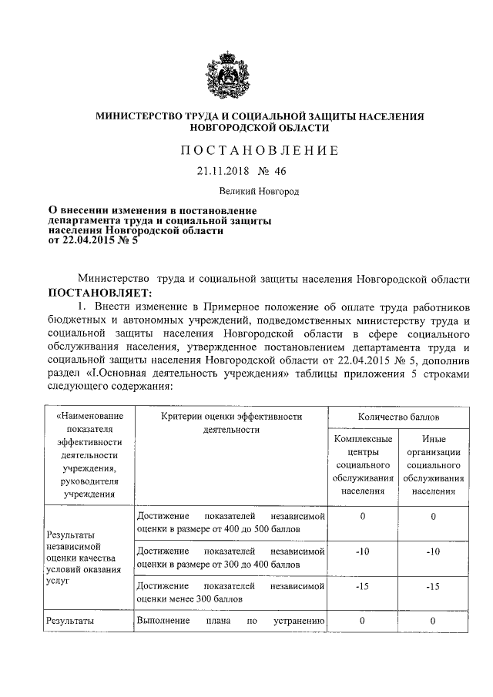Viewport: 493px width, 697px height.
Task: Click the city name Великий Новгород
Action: [x=259, y=190]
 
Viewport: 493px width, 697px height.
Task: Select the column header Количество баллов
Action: [x=398, y=417]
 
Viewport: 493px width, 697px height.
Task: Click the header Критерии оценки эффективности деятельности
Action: [x=231, y=423]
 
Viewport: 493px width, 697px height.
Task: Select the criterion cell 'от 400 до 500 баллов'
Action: [x=231, y=523]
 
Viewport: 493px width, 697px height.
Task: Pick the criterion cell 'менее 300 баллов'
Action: [x=231, y=591]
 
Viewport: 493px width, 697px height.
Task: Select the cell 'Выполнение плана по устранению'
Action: [x=231, y=620]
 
